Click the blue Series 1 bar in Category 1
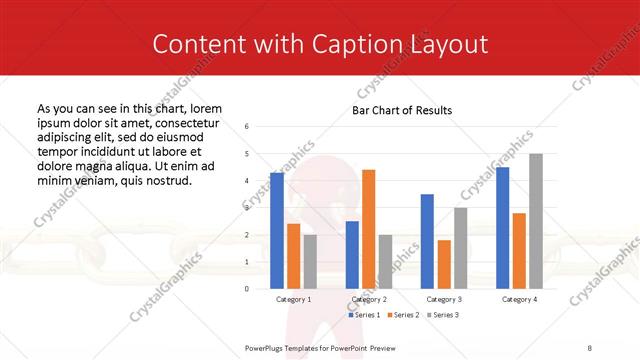(277, 230)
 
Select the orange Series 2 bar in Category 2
(368, 228)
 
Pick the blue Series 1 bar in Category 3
(427, 241)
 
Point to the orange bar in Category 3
(444, 264)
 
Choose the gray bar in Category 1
(310, 261)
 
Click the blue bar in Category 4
(502, 227)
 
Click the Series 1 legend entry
(366, 315)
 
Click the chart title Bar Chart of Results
(402, 110)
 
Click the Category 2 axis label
(369, 299)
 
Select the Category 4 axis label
(519, 299)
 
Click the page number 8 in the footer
(589, 347)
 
